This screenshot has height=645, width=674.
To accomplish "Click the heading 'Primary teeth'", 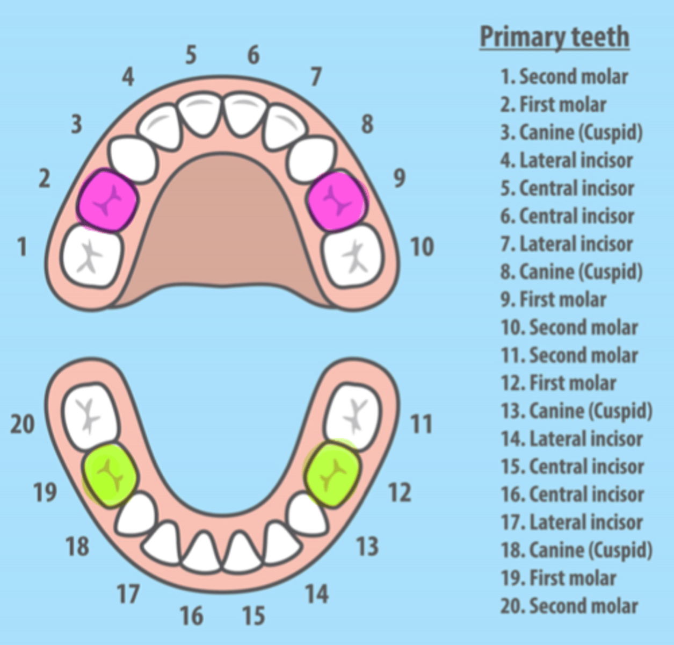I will click(x=554, y=37).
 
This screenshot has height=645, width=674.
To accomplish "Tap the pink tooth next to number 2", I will click(x=107, y=200).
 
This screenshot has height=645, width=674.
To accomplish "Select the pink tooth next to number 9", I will click(x=337, y=200).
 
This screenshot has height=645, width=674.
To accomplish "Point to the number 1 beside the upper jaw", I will click(x=21, y=247).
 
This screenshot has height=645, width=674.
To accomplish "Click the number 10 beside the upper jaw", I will click(x=422, y=247).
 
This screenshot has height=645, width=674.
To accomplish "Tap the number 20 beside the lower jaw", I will click(x=23, y=425).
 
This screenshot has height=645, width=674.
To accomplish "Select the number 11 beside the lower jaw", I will click(x=421, y=425).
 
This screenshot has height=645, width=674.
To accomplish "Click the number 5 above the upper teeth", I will click(x=191, y=55).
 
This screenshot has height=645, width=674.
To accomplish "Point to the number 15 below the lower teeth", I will click(x=253, y=616).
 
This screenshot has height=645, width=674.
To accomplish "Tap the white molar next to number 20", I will click(x=90, y=415).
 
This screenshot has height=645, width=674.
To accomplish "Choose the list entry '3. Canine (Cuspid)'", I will click(x=571, y=132).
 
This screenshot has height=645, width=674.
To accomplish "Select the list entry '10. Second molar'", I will click(x=569, y=327).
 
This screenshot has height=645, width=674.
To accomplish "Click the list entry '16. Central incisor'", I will click(x=572, y=494).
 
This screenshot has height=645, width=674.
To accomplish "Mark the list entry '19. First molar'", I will click(x=558, y=578).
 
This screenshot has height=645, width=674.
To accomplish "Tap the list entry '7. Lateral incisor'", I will click(x=567, y=244).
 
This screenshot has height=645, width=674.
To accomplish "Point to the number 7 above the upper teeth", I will click(x=316, y=77).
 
